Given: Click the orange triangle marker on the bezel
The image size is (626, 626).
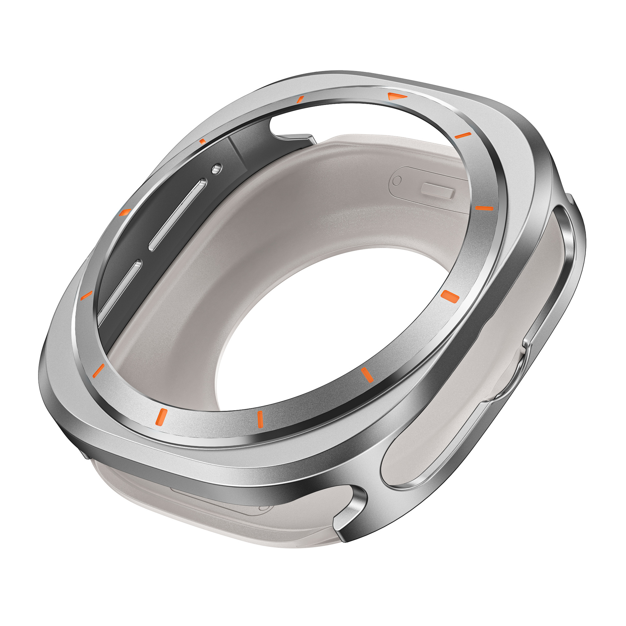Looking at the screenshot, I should [397, 96].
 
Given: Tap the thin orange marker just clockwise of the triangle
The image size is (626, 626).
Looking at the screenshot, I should [463, 135].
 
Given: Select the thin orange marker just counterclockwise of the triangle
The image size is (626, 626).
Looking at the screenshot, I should [300, 99].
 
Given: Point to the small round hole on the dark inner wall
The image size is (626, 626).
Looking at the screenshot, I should [216, 168].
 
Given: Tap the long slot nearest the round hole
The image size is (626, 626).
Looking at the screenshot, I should [178, 214].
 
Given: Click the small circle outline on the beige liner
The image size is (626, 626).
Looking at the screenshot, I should [397, 181].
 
